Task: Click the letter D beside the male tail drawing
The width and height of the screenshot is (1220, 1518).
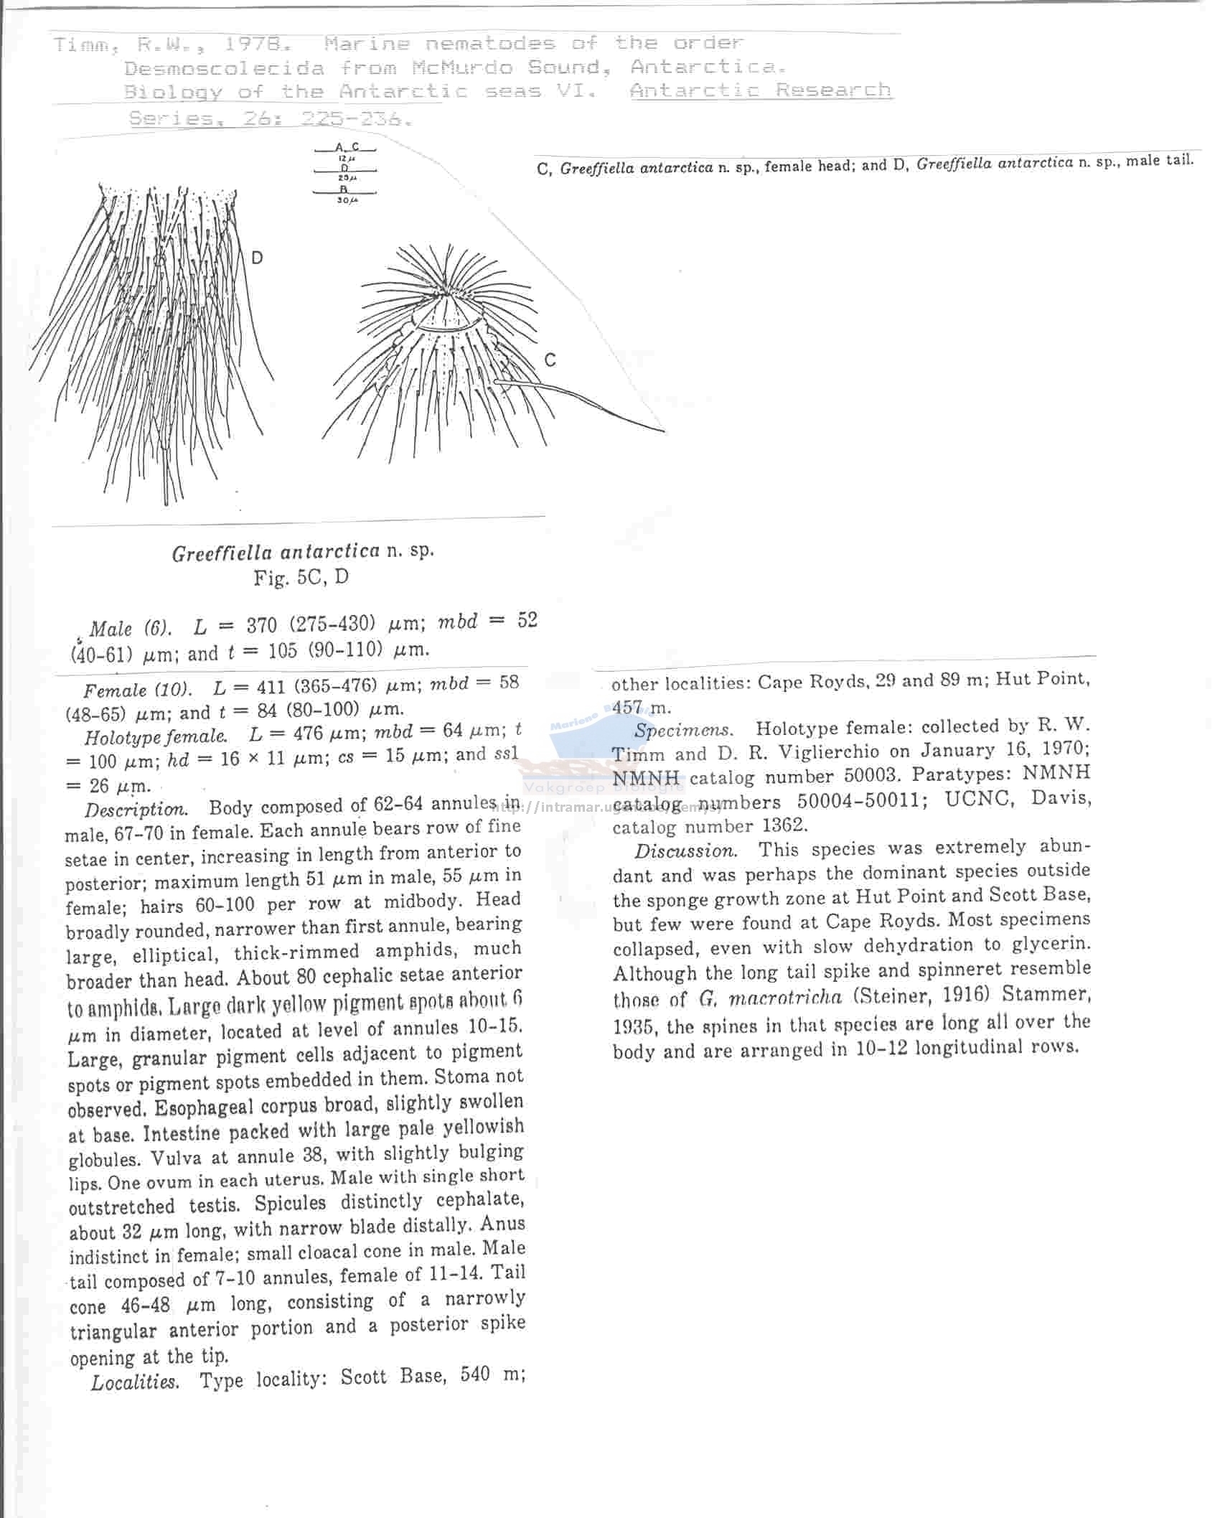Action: click(257, 258)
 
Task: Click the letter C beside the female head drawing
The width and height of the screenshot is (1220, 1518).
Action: click(550, 360)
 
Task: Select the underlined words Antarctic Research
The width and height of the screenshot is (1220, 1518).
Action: click(761, 90)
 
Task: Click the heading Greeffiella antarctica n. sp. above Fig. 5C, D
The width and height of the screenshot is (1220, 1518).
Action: click(303, 552)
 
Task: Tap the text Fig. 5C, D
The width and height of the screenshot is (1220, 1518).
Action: click(301, 577)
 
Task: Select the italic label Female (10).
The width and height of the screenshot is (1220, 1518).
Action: click(137, 690)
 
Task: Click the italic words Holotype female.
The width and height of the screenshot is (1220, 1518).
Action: click(156, 736)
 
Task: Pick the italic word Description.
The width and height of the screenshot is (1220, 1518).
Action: click(136, 810)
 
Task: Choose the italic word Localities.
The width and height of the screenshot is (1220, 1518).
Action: click(134, 1382)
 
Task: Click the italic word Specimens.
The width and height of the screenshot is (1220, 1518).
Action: click(683, 730)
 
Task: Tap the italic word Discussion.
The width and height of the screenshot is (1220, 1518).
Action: click(685, 851)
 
